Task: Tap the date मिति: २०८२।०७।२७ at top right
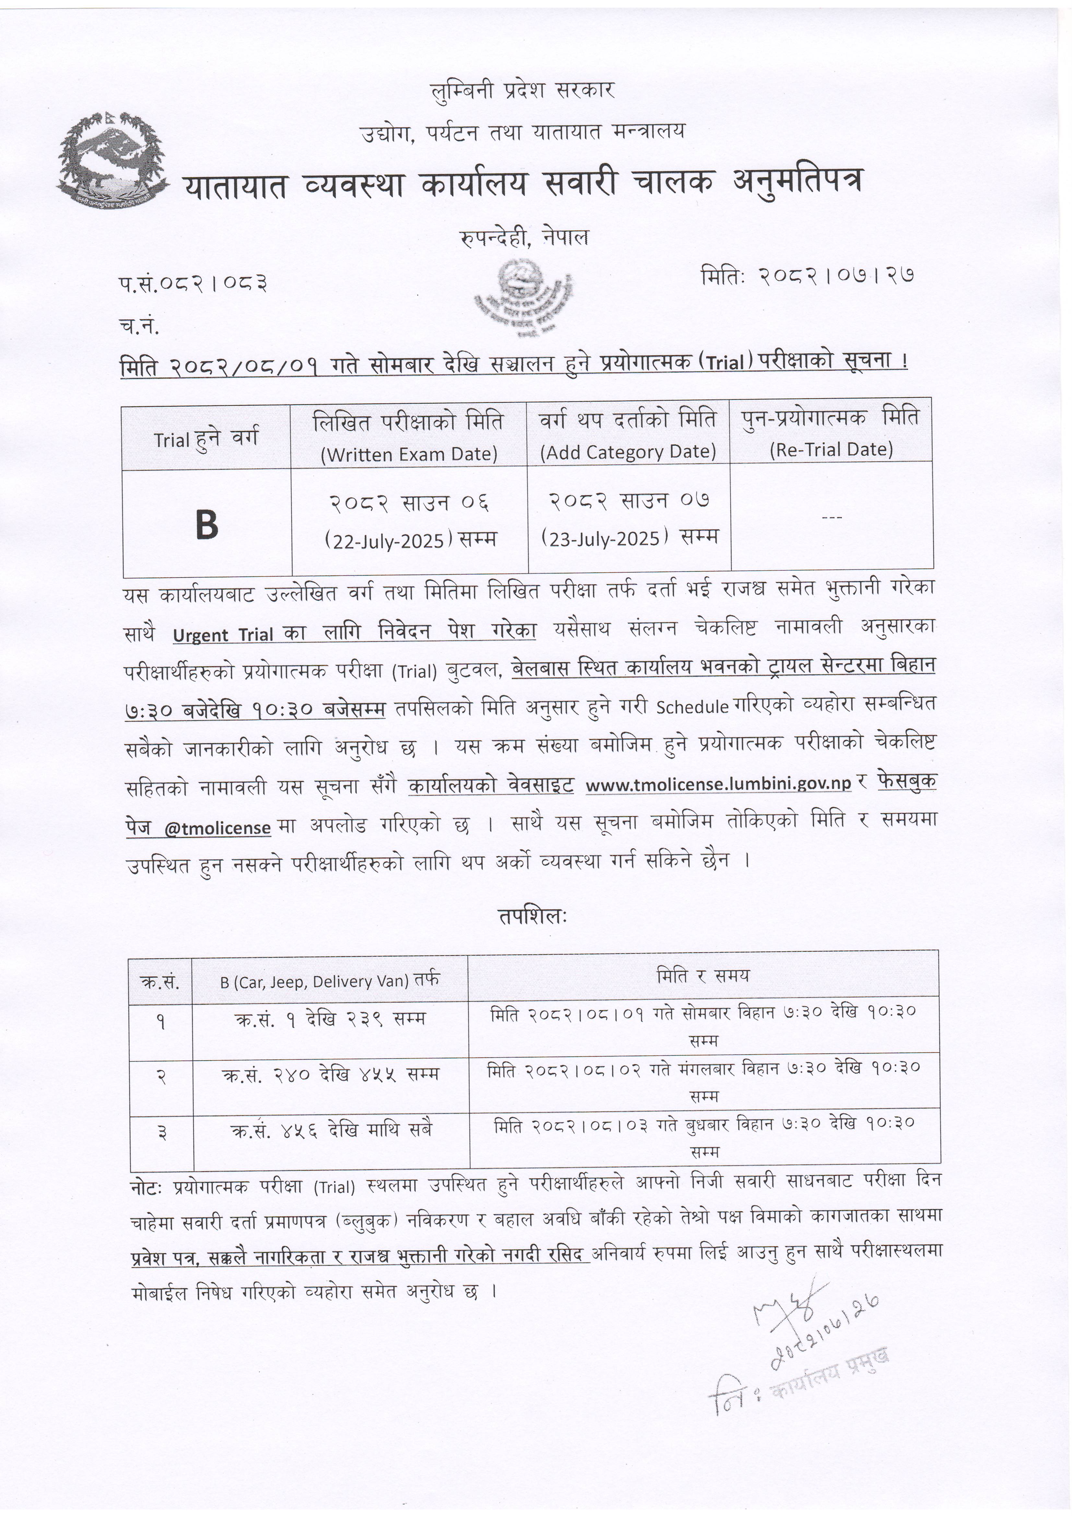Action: [807, 276]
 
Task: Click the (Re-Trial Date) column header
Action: [831, 450]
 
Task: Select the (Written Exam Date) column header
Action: [409, 453]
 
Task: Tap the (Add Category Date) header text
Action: [628, 452]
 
